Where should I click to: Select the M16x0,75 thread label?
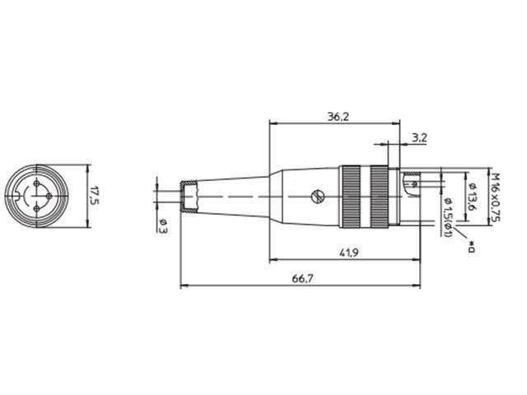click(x=497, y=196)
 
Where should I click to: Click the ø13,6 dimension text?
click(x=470, y=197)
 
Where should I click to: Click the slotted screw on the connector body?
click(x=317, y=197)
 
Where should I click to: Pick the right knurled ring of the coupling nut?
click(x=380, y=196)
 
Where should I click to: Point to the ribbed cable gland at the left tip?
click(x=191, y=197)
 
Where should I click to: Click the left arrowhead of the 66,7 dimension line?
click(x=183, y=286)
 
